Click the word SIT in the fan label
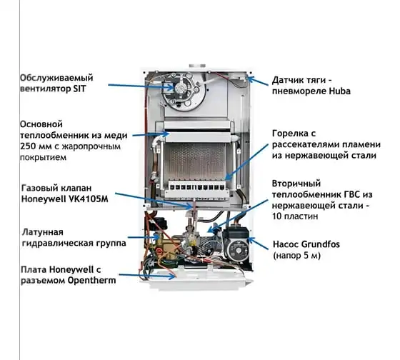79,89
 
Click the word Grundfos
321,244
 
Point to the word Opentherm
91,281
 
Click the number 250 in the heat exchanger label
27,146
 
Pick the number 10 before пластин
276,216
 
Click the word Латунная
43,232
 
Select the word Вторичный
296,184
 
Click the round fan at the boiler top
181,91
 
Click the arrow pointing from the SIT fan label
141,86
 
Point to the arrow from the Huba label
258,81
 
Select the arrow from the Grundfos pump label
258,244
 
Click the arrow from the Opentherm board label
147,276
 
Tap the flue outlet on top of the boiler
197,66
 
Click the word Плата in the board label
34,269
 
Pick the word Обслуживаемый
56,78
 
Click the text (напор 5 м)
296,256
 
